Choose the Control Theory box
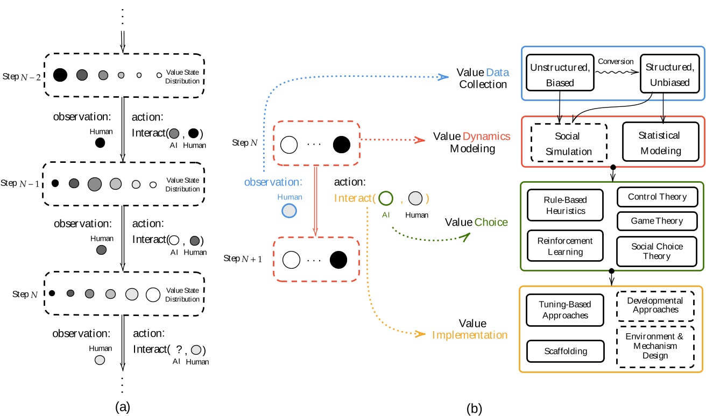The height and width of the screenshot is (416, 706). (658, 197)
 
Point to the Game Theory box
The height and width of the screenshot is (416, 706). (658, 220)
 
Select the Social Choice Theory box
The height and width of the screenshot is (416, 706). (658, 251)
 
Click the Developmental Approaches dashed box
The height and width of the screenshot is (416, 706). (654, 305)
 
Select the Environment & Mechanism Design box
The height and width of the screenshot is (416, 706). (654, 346)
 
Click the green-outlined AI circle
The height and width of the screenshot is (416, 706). (386, 198)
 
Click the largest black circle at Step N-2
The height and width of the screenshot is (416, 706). (60, 75)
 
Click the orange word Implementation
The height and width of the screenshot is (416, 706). (470, 335)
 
